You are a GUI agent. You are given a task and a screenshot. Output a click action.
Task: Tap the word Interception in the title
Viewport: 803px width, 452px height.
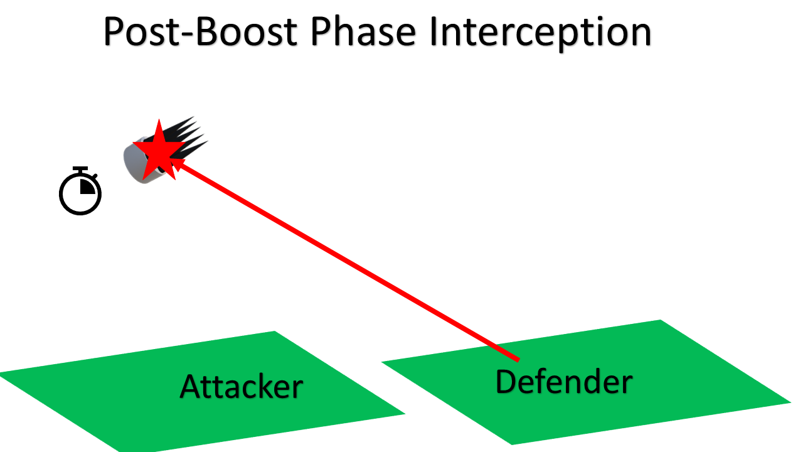(540, 32)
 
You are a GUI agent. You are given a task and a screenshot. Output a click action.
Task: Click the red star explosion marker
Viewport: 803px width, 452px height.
(158, 149)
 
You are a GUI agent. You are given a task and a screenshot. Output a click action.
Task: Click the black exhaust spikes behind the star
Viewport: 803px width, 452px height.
(191, 135)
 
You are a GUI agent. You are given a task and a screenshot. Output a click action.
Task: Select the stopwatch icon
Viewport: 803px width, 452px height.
(80, 192)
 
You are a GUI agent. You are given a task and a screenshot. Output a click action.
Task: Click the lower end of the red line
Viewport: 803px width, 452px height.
(517, 359)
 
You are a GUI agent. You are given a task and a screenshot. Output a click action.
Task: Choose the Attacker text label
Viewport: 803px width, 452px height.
(242, 386)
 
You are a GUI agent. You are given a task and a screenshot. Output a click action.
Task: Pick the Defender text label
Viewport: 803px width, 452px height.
(563, 381)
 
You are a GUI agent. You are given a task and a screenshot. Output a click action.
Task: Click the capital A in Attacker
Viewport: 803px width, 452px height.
(191, 386)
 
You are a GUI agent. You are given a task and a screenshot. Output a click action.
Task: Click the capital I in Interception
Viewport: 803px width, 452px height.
(433, 32)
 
